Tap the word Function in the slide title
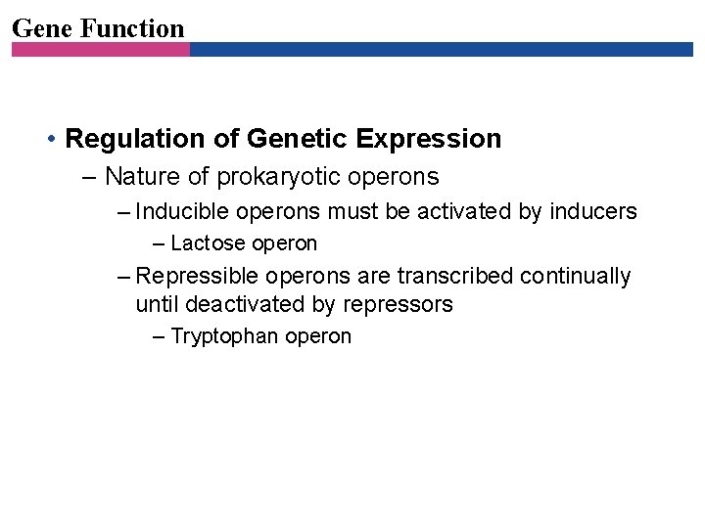point(131,28)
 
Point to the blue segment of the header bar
point(441,49)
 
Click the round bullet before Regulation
point(50,140)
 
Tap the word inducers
point(593,211)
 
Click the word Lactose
point(208,243)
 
